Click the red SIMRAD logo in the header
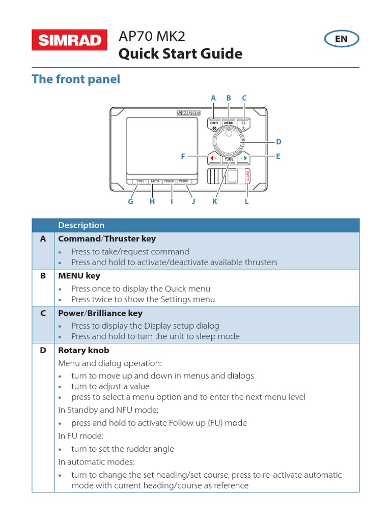pyautogui.click(x=69, y=41)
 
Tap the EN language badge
pyautogui.click(x=341, y=39)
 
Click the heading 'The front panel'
pyautogui.click(x=76, y=79)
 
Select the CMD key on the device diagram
pyautogui.click(x=214, y=123)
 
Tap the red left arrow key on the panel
pyautogui.click(x=213, y=158)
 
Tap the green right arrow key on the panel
pyautogui.click(x=244, y=158)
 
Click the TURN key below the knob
pyautogui.click(x=229, y=160)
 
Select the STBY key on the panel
pyautogui.click(x=140, y=182)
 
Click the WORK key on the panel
pyautogui.click(x=183, y=182)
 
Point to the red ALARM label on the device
pyautogui.click(x=248, y=177)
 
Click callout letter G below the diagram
pyautogui.click(x=130, y=201)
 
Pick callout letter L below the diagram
pyautogui.click(x=247, y=201)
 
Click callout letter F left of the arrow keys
pyautogui.click(x=183, y=157)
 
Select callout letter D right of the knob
pyautogui.click(x=278, y=142)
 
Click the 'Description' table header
pyautogui.click(x=81, y=225)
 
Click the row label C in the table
pyautogui.click(x=43, y=313)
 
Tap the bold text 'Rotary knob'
pyautogui.click(x=83, y=351)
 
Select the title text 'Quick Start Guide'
pyautogui.click(x=180, y=54)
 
